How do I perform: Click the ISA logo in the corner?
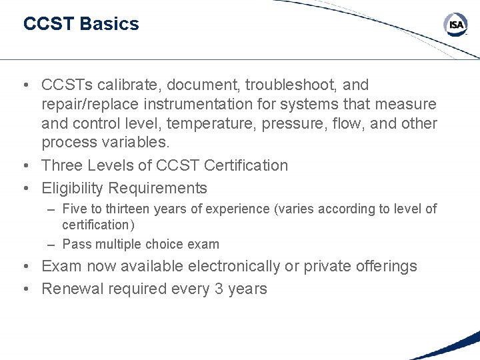pyautogui.click(x=456, y=25)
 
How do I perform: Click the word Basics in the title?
pyautogui.click(x=109, y=24)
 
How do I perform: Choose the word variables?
pyautogui.click(x=139, y=143)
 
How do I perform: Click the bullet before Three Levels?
pyautogui.click(x=24, y=165)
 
